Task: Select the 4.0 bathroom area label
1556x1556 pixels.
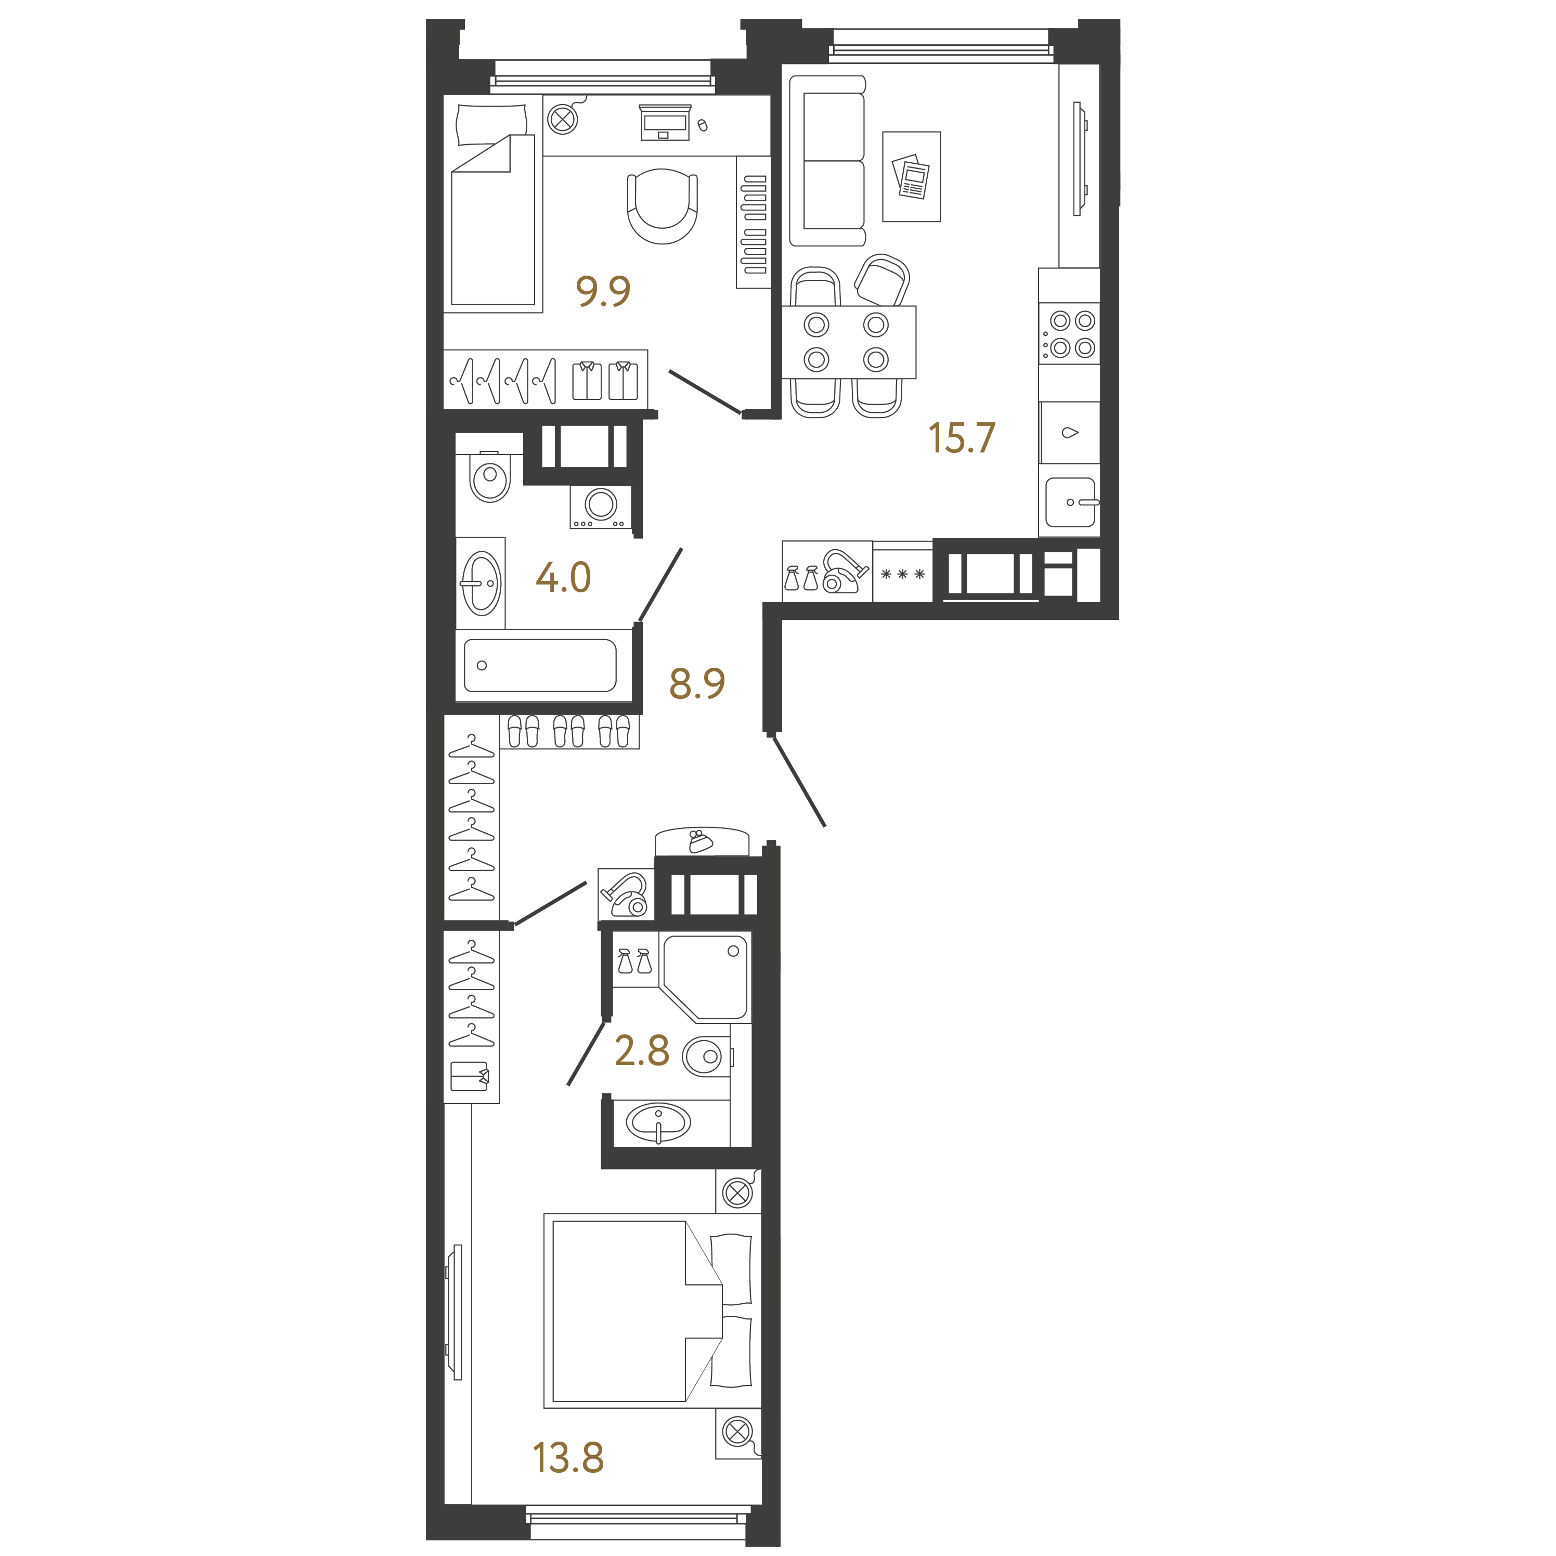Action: coord(563,577)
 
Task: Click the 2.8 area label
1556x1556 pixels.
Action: coord(642,1050)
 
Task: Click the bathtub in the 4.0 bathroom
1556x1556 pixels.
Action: coord(540,665)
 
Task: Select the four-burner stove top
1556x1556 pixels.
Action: coord(1069,333)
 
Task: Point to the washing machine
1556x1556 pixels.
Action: coord(600,506)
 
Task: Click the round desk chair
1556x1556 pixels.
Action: coord(662,205)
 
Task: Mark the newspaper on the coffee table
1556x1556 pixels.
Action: coord(911,176)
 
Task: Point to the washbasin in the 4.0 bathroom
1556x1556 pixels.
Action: coord(481,583)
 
